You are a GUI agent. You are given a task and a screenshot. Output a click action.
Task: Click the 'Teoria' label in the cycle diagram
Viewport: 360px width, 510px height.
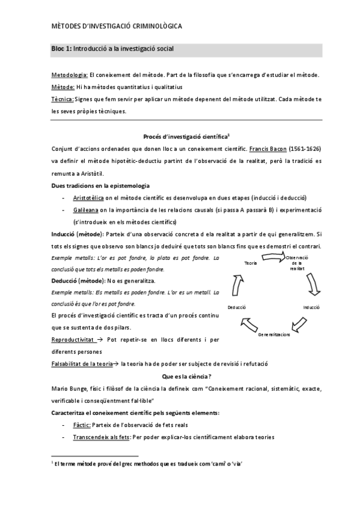click(x=234, y=263)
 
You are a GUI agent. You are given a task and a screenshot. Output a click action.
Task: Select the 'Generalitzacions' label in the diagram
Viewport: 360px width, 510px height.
click(x=274, y=334)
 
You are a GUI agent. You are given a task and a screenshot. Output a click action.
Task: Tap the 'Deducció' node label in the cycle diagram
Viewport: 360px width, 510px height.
click(x=236, y=307)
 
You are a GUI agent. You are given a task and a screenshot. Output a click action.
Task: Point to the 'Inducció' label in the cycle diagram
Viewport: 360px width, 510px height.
click(x=311, y=307)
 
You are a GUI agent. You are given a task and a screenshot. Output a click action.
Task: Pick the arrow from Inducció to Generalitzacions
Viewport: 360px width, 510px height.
click(x=302, y=324)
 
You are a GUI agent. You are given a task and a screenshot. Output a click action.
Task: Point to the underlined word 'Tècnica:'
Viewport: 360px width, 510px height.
click(x=63, y=99)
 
